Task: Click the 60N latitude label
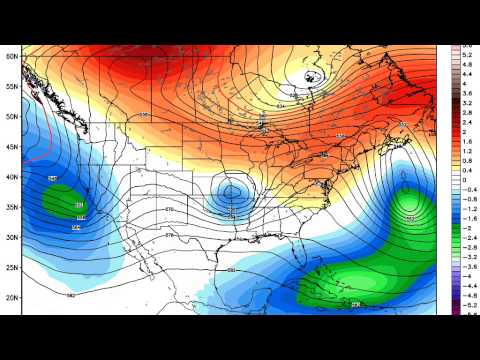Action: pyautogui.click(x=11, y=57)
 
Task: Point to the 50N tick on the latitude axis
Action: pyautogui.click(x=11, y=117)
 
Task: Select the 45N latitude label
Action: pyautogui.click(x=11, y=147)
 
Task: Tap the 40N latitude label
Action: pyautogui.click(x=11, y=177)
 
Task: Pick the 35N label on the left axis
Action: pyautogui.click(x=11, y=207)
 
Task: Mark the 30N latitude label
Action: pyautogui.click(x=11, y=237)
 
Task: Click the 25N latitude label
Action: pyautogui.click(x=11, y=267)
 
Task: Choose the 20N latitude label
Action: pyautogui.click(x=11, y=297)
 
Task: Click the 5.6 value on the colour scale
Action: pyautogui.click(x=466, y=46)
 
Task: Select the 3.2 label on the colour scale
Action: pyautogui.click(x=466, y=103)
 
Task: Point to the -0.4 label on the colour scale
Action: pyautogui.click(x=466, y=188)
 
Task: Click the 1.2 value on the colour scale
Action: pyautogui.click(x=466, y=150)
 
